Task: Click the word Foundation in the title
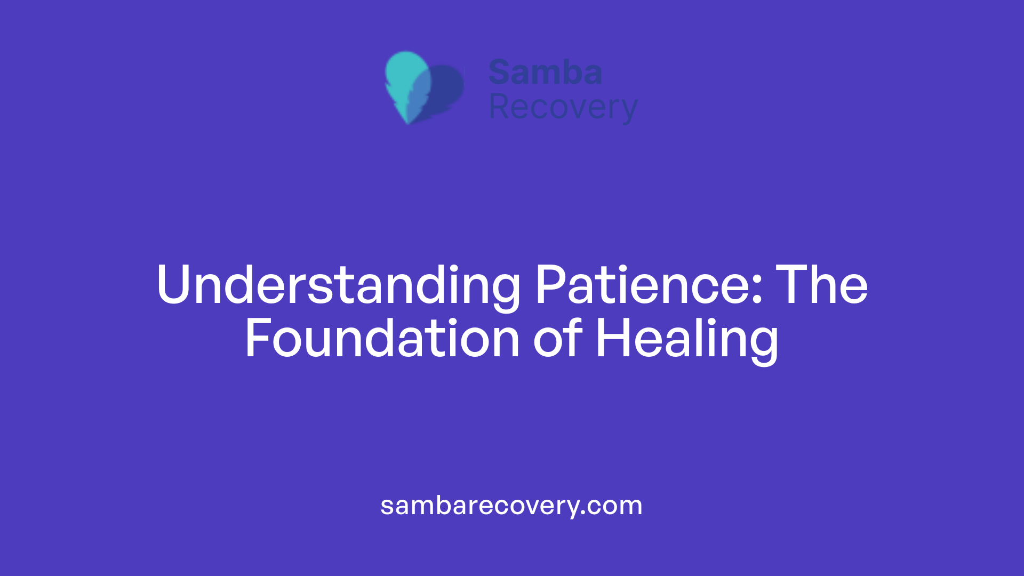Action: pyautogui.click(x=382, y=339)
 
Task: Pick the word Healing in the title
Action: pyautogui.click(x=687, y=340)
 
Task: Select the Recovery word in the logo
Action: pyautogui.click(x=563, y=108)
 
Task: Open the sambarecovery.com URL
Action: pyautogui.click(x=511, y=506)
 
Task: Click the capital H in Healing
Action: pyautogui.click(x=612, y=339)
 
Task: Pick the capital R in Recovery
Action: pyautogui.click(x=499, y=107)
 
